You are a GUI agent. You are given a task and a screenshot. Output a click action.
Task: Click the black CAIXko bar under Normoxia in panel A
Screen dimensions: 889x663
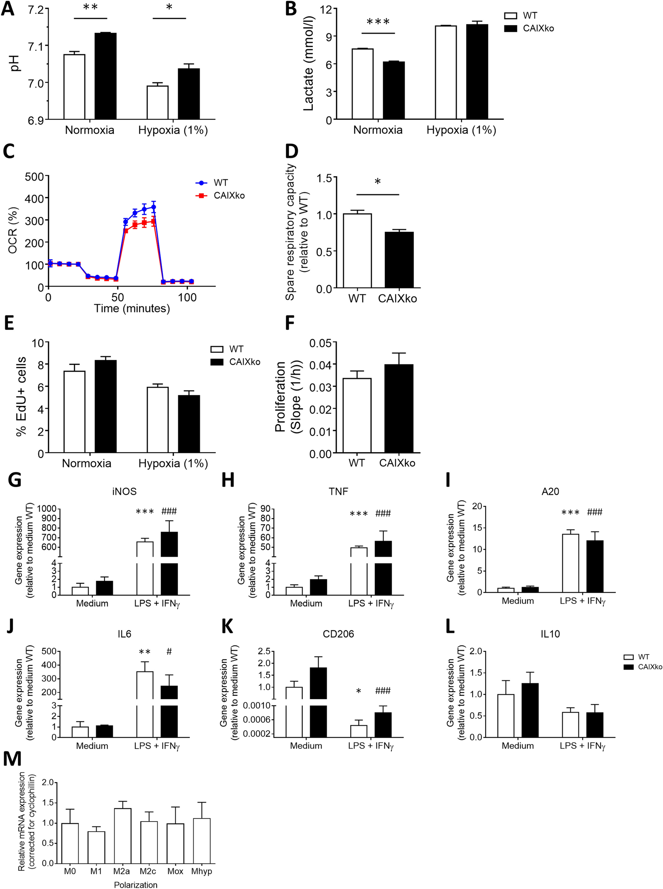pos(106,76)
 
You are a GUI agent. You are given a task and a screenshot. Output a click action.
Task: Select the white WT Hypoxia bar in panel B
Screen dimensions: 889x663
pos(446,73)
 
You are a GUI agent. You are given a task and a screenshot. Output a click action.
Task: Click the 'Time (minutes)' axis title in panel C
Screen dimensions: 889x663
pos(131,308)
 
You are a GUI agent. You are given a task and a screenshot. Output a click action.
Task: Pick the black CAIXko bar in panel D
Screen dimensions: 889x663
pos(399,260)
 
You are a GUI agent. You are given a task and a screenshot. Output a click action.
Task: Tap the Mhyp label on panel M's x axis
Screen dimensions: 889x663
pos(202,871)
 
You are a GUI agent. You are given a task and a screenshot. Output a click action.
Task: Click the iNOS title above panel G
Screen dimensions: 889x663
pos(124,491)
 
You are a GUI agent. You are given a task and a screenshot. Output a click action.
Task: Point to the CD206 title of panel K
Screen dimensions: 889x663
pos(338,634)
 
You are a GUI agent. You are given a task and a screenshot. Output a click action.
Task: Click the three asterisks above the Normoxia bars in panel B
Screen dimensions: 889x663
pos(378,22)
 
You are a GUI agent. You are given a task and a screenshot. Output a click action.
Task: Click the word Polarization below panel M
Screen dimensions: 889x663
pos(136,885)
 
